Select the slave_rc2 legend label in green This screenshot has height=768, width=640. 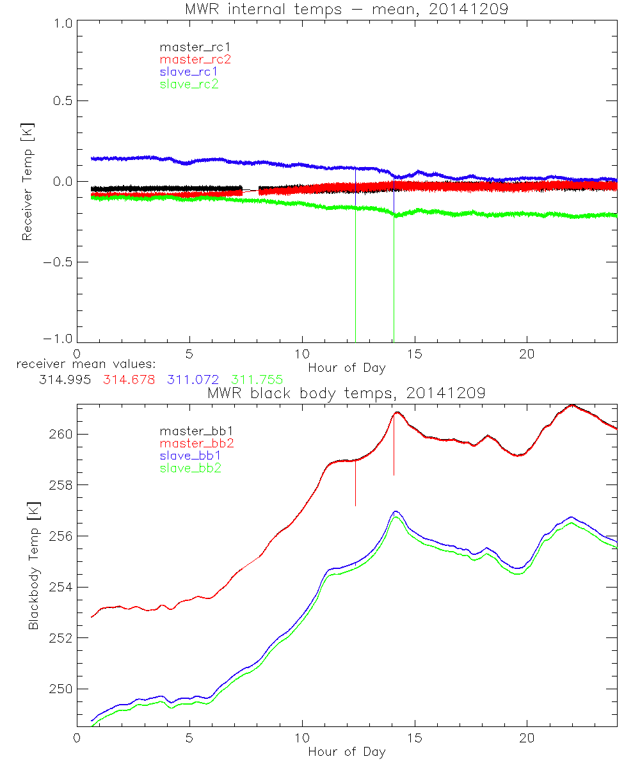(189, 84)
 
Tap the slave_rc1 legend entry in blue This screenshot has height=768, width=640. (189, 72)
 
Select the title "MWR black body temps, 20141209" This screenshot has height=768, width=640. (346, 394)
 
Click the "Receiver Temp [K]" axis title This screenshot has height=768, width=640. (27, 182)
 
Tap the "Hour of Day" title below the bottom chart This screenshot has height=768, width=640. (346, 752)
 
